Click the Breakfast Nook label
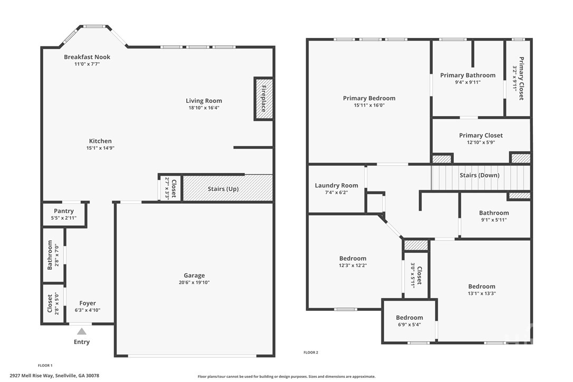coord(87,57)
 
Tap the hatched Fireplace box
coord(263,99)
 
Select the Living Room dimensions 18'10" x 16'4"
coord(204,108)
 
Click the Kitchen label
coord(100,141)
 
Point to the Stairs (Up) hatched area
coord(227,188)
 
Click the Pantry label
coord(64,211)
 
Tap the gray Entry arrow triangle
coord(81,331)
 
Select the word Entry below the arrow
coord(81,342)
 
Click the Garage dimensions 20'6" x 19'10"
coord(194,282)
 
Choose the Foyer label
coord(88,303)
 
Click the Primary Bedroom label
coord(369,98)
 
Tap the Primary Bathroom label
coord(467,75)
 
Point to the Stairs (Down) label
coord(479,175)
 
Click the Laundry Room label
coord(336,185)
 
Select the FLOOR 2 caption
coord(311,352)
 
